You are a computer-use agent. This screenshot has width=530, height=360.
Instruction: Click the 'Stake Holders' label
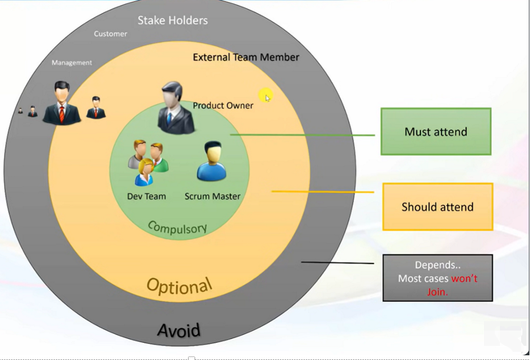pyautogui.click(x=173, y=20)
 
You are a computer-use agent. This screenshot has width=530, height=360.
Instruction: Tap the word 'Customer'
pyautogui.click(x=110, y=34)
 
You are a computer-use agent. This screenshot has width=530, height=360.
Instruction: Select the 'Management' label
pyautogui.click(x=72, y=63)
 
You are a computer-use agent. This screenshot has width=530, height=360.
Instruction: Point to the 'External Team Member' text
pyautogui.click(x=246, y=57)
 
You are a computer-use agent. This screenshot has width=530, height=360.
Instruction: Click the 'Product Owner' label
pyautogui.click(x=223, y=105)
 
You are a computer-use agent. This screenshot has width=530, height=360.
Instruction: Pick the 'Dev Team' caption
pyautogui.click(x=146, y=196)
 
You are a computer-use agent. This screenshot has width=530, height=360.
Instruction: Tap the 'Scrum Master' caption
pyautogui.click(x=213, y=196)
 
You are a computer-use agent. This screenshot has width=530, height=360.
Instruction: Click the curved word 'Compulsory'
pyautogui.click(x=177, y=228)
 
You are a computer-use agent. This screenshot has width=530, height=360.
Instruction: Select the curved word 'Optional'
pyautogui.click(x=179, y=286)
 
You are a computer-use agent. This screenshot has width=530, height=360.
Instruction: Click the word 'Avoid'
pyautogui.click(x=179, y=331)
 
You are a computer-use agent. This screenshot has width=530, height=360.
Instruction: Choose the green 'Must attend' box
pyautogui.click(x=436, y=132)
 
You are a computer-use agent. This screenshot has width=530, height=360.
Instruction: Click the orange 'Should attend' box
pyautogui.click(x=437, y=207)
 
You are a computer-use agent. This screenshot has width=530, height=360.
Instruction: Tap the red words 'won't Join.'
pyautogui.click(x=452, y=285)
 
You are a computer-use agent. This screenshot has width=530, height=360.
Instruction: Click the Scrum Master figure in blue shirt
pyautogui.click(x=212, y=161)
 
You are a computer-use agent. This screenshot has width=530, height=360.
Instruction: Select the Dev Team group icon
pyautogui.click(x=148, y=163)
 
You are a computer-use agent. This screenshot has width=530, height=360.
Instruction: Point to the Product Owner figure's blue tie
pyautogui.click(x=169, y=118)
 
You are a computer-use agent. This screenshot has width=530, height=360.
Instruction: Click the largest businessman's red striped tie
pyautogui.click(x=62, y=114)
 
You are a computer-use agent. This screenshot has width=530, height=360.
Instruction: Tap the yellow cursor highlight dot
pyautogui.click(x=266, y=96)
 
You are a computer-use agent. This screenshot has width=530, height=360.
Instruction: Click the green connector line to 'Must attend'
pyautogui.click(x=302, y=135)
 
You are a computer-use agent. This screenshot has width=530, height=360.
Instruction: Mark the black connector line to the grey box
pyautogui.click(x=338, y=262)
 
